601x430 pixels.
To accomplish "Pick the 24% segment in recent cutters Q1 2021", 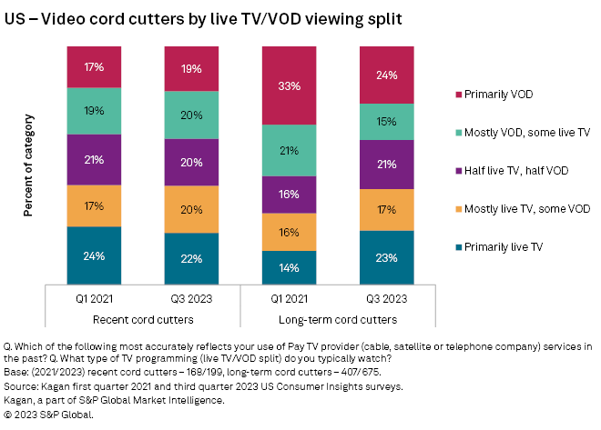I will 95,255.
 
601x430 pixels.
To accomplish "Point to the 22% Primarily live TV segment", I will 192,258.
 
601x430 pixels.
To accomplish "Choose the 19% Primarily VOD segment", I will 192,67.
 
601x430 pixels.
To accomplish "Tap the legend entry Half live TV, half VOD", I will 518,170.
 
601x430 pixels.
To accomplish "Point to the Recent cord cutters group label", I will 143,321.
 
